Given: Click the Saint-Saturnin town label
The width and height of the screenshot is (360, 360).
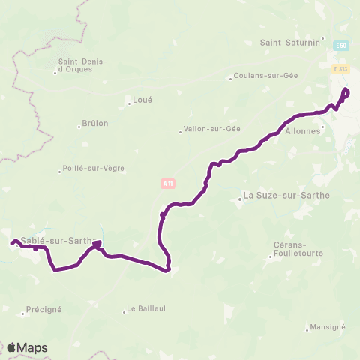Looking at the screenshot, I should (x=290, y=42).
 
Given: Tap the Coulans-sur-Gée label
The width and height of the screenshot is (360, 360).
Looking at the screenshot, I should (x=266, y=76).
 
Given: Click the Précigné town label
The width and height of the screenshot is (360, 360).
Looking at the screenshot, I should (x=44, y=309).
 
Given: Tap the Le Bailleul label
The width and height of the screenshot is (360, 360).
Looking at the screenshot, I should (x=145, y=307).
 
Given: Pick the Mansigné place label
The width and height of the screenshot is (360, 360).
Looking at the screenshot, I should (x=328, y=327).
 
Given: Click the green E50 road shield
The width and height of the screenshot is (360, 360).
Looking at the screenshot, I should (x=342, y=46).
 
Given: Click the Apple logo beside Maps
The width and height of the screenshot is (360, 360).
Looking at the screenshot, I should (x=12, y=347).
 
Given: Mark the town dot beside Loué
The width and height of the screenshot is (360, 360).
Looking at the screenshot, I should (x=130, y=103).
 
